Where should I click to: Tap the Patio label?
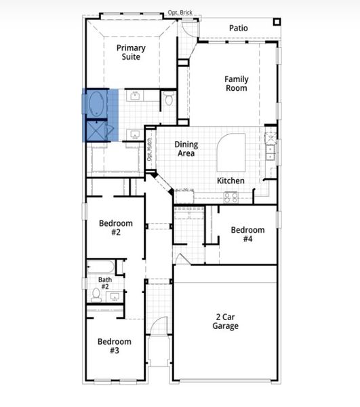[238, 28]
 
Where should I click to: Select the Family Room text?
[236, 83]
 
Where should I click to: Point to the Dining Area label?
[185, 149]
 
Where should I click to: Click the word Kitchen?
[230, 181]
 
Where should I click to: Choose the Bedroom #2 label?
[115, 228]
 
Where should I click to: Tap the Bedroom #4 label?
[247, 234]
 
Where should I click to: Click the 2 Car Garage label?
[226, 322]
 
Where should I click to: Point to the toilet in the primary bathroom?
[168, 100]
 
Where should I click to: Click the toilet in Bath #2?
[96, 294]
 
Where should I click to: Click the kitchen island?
[230, 152]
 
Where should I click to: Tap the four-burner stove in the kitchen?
[231, 197]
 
